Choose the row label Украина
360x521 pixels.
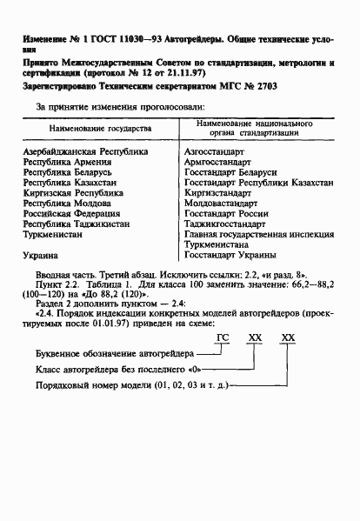click(x=41, y=257)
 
